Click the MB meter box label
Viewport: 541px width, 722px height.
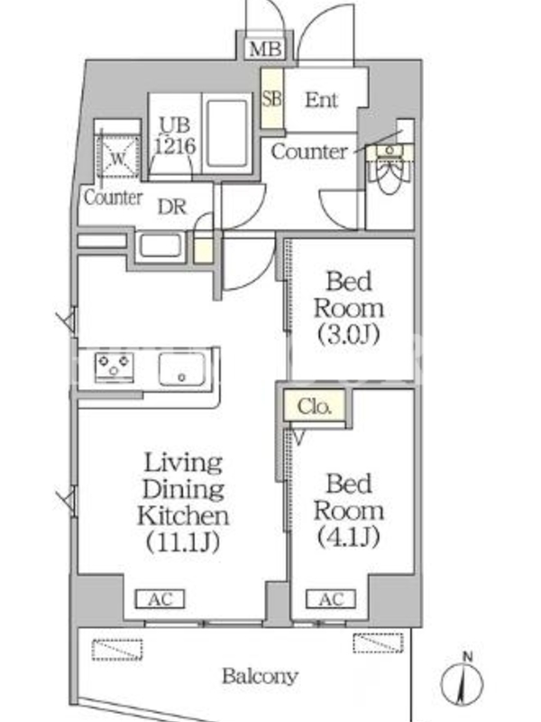tap(265, 49)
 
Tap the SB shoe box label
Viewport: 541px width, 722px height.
tap(272, 98)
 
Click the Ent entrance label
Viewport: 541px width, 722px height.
tap(322, 99)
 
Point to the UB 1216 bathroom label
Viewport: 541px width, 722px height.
tap(175, 136)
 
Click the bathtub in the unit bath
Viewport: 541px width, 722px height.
tap(227, 133)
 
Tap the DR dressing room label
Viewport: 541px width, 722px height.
tap(172, 208)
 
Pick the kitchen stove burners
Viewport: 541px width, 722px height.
tap(115, 366)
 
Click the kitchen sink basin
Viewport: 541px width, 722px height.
tap(182, 369)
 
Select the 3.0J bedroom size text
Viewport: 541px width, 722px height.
tap(349, 334)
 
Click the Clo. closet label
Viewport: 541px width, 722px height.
tap(314, 406)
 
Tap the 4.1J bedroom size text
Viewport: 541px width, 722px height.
tap(349, 536)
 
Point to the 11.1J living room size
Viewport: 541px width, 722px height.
tap(183, 542)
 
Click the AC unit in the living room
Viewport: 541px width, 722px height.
tap(160, 599)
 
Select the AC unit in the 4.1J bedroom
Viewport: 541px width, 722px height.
tap(331, 599)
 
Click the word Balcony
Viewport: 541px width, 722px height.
tap(261, 676)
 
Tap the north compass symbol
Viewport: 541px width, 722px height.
tap(463, 680)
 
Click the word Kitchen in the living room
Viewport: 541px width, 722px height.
tap(183, 515)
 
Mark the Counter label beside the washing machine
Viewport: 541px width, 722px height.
tap(114, 198)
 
